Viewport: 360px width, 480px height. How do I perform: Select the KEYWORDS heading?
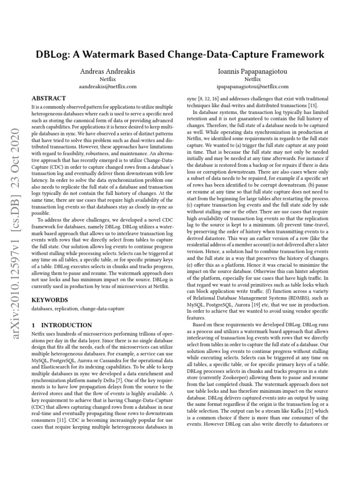pos(49,300)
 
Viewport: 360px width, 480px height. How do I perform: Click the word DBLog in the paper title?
pos(54,54)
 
